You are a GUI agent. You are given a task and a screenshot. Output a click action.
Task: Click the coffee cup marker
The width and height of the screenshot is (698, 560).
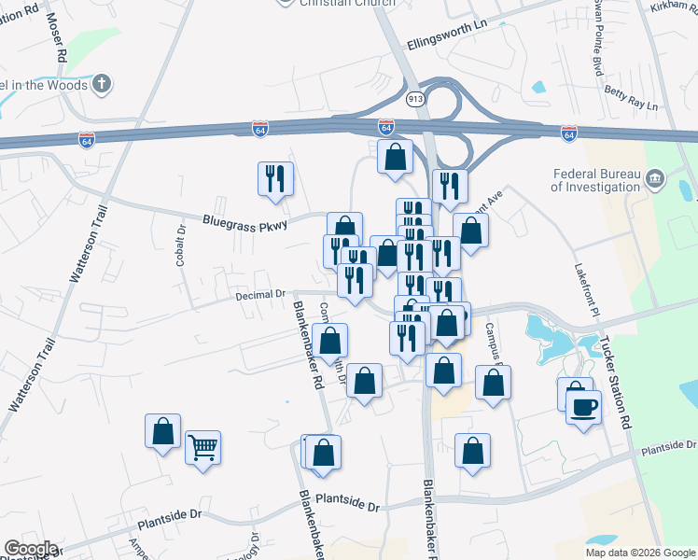[583, 407]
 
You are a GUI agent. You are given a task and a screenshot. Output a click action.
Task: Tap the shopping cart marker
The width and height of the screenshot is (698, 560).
[202, 449]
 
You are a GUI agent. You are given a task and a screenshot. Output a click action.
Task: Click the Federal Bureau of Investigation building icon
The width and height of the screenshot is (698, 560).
[654, 177]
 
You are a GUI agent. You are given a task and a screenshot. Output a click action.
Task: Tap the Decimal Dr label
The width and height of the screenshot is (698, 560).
[260, 295]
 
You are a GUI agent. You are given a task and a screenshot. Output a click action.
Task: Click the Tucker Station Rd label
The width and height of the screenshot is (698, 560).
[616, 383]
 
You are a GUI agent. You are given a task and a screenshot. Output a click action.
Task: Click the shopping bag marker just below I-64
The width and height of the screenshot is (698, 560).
[396, 157]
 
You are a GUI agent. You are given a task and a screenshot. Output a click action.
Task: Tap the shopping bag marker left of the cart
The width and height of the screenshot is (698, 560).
[163, 431]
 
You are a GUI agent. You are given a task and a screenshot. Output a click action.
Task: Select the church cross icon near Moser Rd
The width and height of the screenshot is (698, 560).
[104, 85]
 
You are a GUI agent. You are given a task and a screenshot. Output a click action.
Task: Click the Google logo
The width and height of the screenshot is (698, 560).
[30, 549]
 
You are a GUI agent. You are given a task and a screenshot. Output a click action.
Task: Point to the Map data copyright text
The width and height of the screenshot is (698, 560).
[640, 553]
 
